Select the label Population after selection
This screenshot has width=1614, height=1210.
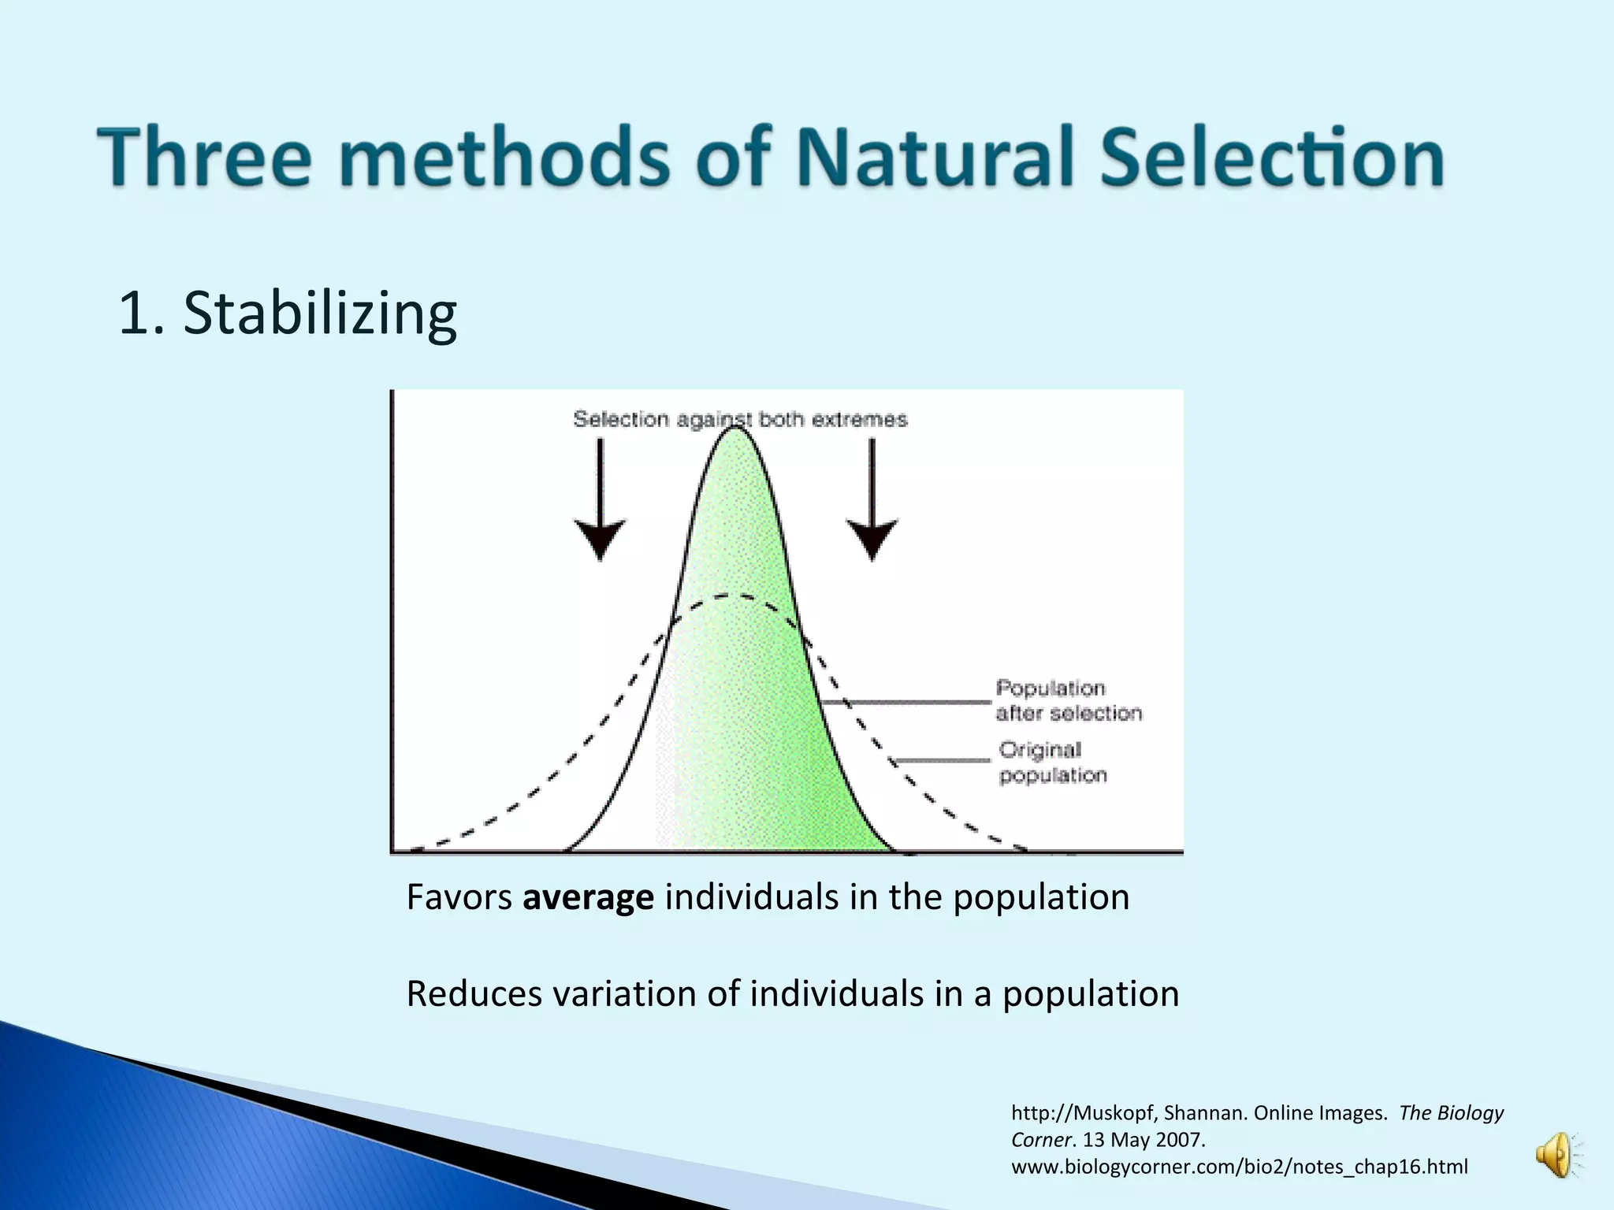click(x=1068, y=700)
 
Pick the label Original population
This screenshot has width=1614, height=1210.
click(x=1052, y=763)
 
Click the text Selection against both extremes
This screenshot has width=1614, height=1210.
click(x=740, y=419)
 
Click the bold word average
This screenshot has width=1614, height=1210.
click(x=588, y=897)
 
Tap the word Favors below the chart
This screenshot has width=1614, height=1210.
click(x=459, y=897)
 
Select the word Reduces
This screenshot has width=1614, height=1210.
click(x=474, y=994)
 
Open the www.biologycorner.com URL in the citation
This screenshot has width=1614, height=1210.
click(x=1239, y=1167)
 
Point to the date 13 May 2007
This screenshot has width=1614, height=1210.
click(x=1144, y=1140)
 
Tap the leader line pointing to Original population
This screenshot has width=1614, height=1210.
click(x=943, y=760)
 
